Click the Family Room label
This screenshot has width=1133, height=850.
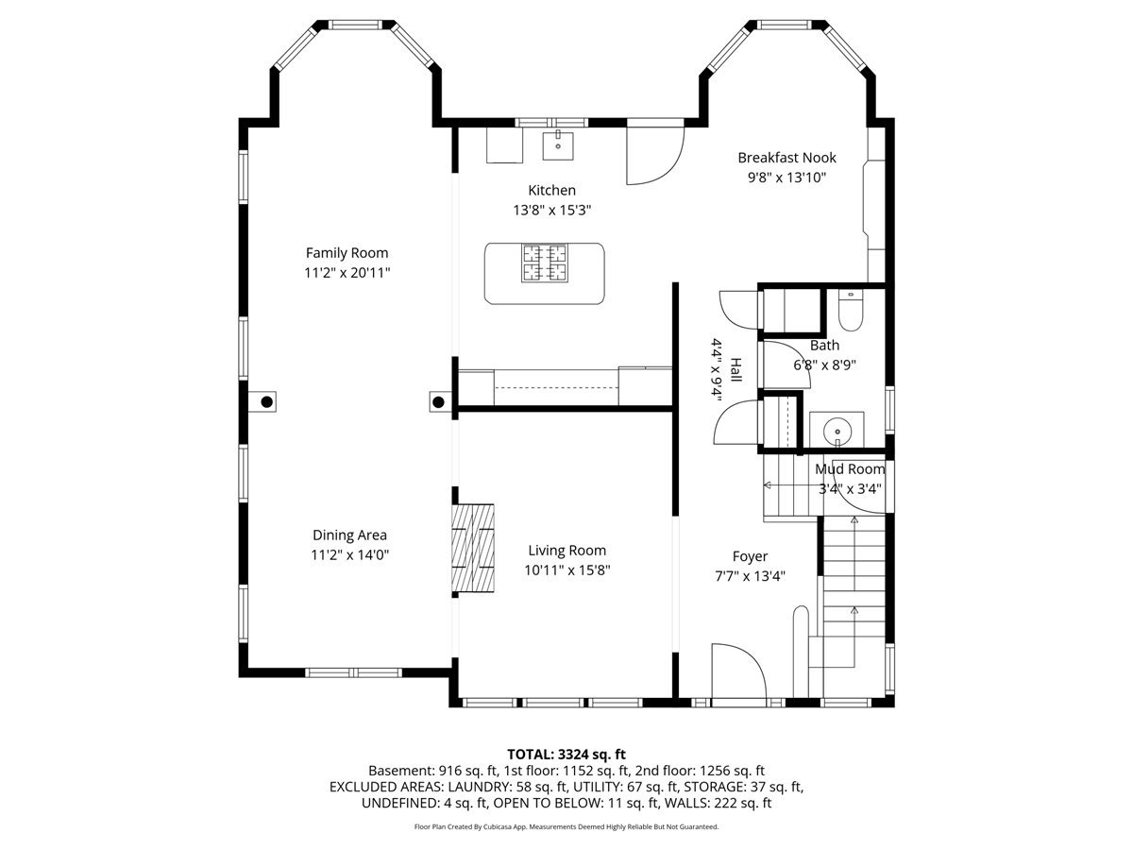coord(347,253)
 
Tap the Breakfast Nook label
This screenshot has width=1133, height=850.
coord(786,158)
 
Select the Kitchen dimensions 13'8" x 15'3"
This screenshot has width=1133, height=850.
coord(551,210)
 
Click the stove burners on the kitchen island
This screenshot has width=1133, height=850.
coord(545,263)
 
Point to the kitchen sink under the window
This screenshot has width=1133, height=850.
coord(558,145)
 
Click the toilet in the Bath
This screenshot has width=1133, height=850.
coord(851,310)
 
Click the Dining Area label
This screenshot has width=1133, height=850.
coord(349,535)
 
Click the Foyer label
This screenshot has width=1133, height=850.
coord(750,556)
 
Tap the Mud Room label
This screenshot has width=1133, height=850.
coord(850,469)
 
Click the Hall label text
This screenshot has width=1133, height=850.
coord(736,370)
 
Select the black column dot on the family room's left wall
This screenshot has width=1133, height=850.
coord(267,402)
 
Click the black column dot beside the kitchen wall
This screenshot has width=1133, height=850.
coord(438,402)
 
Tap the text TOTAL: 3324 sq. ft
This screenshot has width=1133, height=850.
coord(566,755)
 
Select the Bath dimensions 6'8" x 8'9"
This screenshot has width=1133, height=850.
coord(824,365)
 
